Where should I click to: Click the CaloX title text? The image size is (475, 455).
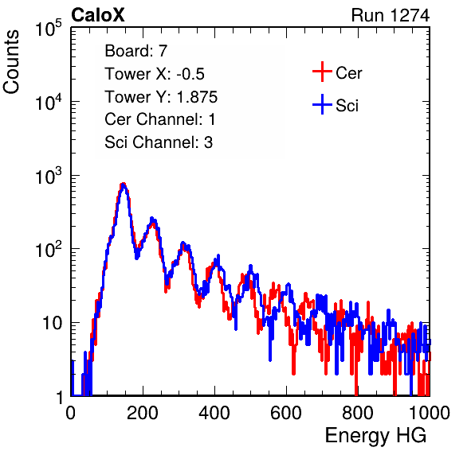tap(97, 15)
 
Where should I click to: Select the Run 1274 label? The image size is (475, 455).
tap(391, 15)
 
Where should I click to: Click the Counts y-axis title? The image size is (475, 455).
tap(11, 62)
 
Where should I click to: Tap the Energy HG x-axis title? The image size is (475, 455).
tap(375, 436)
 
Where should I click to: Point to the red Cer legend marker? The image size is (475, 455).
tap(322, 72)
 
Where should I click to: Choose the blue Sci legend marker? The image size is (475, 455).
tap(322, 105)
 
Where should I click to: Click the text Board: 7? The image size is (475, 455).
tap(136, 51)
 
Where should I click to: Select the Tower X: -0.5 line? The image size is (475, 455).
tap(155, 74)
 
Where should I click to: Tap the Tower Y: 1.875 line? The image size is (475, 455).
tap(161, 97)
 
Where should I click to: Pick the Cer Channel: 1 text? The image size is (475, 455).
tap(160, 119)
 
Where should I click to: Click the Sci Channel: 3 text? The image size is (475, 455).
tap(159, 142)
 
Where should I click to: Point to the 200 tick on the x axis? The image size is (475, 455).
tap(143, 413)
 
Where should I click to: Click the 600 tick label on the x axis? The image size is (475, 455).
tap(286, 413)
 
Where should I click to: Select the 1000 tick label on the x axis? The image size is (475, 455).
tap(430, 413)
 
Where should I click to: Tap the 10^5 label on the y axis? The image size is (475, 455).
tap(49, 28)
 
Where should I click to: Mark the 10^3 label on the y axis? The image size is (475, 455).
tap(49, 176)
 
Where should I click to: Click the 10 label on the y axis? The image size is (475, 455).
tap(53, 323)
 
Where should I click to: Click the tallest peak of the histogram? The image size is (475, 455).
tap(123, 184)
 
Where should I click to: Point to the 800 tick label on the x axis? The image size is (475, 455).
tap(358, 413)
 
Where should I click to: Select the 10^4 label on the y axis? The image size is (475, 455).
tap(49, 102)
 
